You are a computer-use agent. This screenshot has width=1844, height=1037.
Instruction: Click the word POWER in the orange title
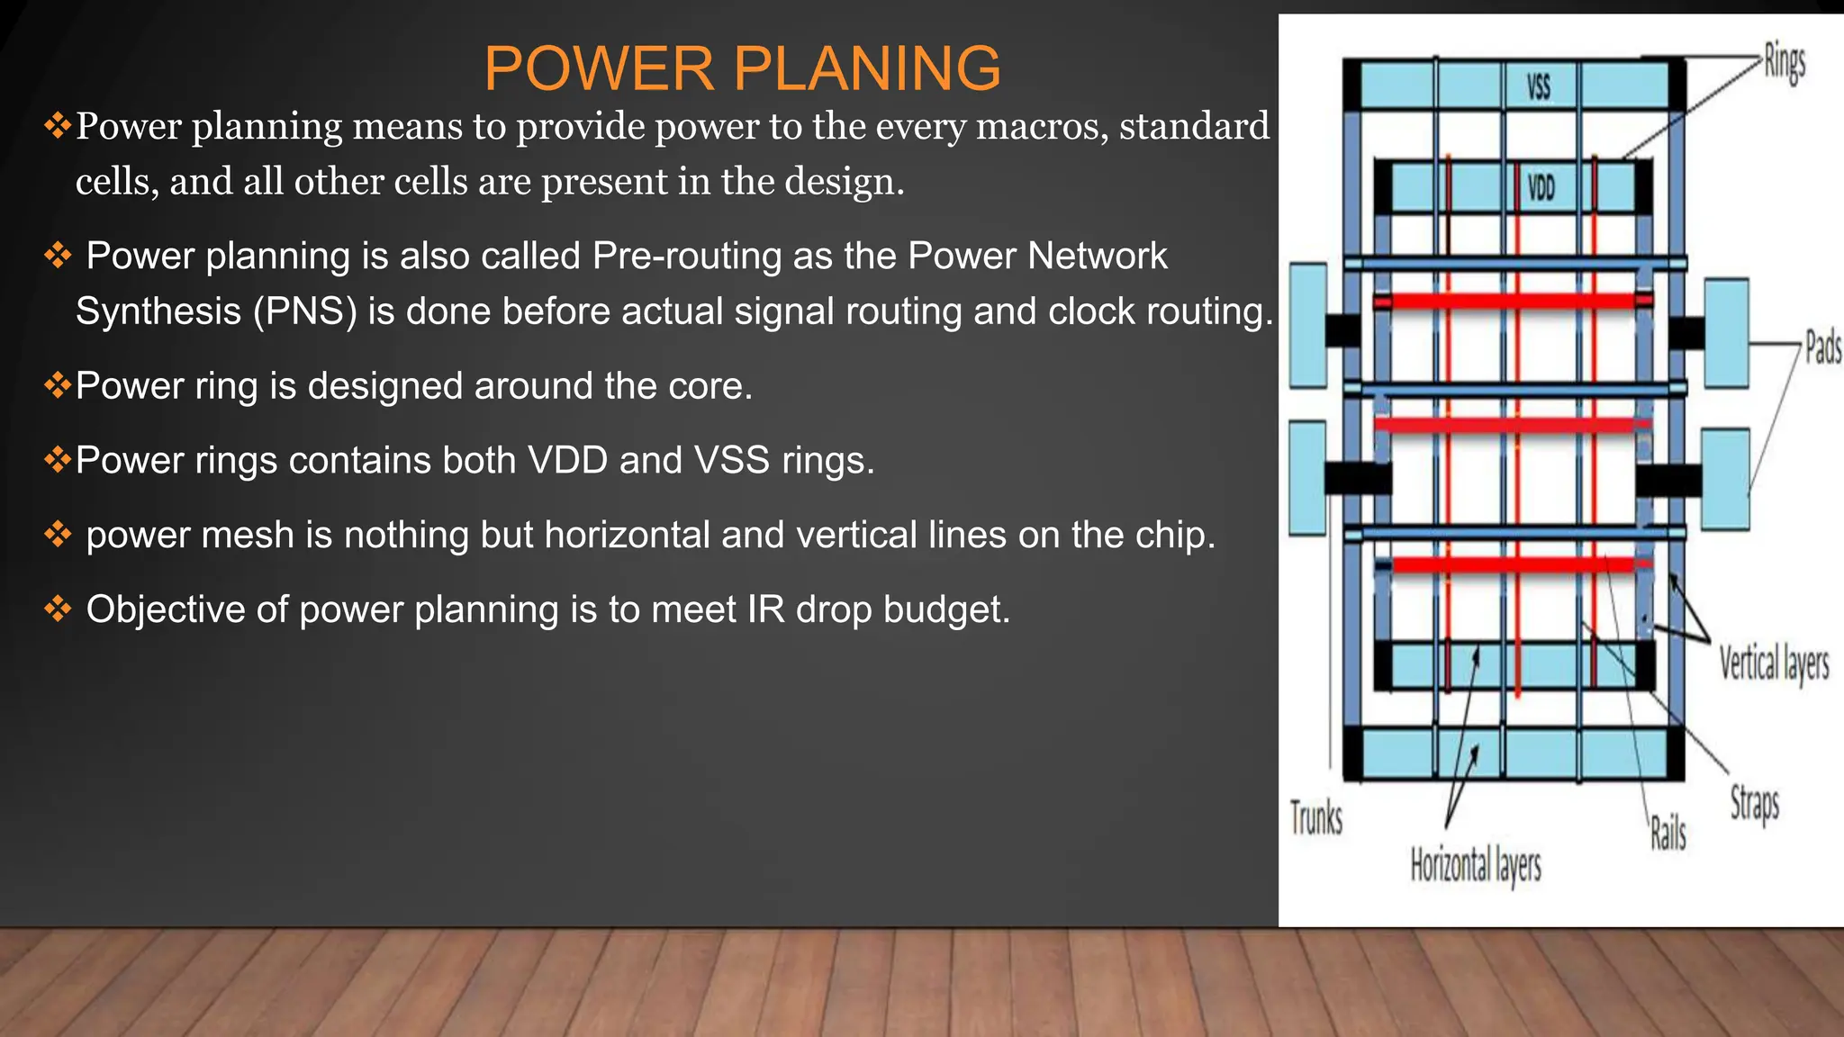tap(600, 68)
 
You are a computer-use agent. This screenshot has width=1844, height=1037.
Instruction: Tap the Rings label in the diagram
tap(1784, 63)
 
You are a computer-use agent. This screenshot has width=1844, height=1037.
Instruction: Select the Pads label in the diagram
tap(1822, 347)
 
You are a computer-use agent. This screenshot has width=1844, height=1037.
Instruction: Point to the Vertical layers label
tap(1773, 664)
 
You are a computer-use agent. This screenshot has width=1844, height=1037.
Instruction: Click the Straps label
tap(1754, 803)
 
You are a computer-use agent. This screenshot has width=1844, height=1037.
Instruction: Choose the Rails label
tap(1668, 834)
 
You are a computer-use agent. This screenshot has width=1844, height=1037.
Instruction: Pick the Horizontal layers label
tap(1475, 866)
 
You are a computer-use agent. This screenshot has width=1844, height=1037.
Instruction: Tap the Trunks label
tap(1315, 818)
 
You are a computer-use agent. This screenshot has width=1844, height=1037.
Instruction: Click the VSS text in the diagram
tap(1539, 86)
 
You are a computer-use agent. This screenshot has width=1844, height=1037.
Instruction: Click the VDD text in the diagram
tap(1541, 187)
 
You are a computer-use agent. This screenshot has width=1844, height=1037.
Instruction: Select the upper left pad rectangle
tap(1308, 325)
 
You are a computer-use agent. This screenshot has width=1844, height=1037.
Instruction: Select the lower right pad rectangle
tap(1725, 479)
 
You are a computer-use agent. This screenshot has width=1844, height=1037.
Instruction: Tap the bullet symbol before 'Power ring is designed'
tap(57, 385)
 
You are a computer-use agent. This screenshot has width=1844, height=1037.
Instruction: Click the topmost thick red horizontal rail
tap(1513, 301)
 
